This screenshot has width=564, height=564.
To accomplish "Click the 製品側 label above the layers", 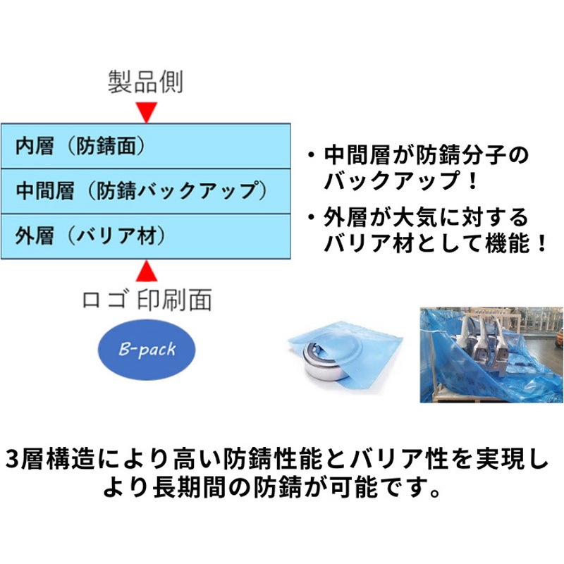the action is [x=146, y=82].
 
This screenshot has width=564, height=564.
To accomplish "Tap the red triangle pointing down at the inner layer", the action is [x=147, y=111].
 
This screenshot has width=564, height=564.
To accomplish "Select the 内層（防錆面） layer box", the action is [x=146, y=146].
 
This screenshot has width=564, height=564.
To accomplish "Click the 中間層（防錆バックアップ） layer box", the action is [x=146, y=191].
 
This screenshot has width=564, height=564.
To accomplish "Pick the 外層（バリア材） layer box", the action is [x=146, y=236].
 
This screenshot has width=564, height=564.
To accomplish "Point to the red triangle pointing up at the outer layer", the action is [x=147, y=271].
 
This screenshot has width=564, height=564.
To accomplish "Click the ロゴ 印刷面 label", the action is [x=147, y=300].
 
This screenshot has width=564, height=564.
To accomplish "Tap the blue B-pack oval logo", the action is [x=147, y=349].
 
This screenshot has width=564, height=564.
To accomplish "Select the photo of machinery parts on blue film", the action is [x=491, y=355].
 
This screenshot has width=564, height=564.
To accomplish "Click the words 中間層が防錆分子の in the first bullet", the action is [x=427, y=154].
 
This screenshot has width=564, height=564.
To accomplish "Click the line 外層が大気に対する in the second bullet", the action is [x=426, y=218].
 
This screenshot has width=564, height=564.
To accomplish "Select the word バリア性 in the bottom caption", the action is [x=399, y=460].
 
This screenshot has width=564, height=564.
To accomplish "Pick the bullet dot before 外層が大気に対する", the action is [x=311, y=218].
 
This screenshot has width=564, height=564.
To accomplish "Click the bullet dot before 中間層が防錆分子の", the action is [x=311, y=155].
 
